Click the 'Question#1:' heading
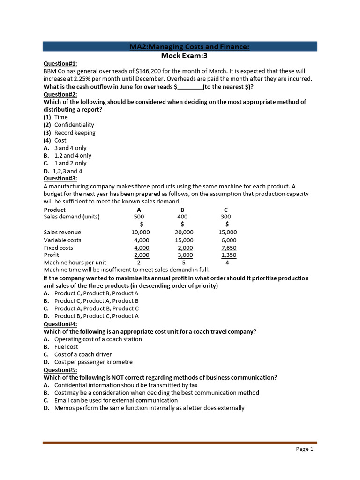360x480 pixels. pyautogui.click(x=60, y=64)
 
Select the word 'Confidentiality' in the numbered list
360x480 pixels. pyautogui.click(x=74, y=125)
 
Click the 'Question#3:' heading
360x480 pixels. pyautogui.click(x=60, y=178)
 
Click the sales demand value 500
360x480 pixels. pyautogui.click(x=139, y=217)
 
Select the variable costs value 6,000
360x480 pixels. pyautogui.click(x=228, y=240)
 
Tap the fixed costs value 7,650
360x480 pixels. pyautogui.click(x=228, y=247)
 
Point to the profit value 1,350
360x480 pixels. pyautogui.click(x=228, y=255)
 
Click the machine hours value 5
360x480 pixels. pyautogui.click(x=183, y=262)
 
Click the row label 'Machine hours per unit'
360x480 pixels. pyautogui.click(x=75, y=262)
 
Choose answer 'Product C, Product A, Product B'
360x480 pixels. pyautogui.click(x=97, y=301)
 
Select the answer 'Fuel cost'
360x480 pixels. pyautogui.click(x=66, y=347)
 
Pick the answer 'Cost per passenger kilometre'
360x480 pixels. pyautogui.click(x=93, y=362)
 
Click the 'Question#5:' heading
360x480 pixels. pyautogui.click(x=60, y=370)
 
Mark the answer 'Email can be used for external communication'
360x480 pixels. pyautogui.click(x=116, y=400)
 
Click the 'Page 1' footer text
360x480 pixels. pyautogui.click(x=305, y=449)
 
